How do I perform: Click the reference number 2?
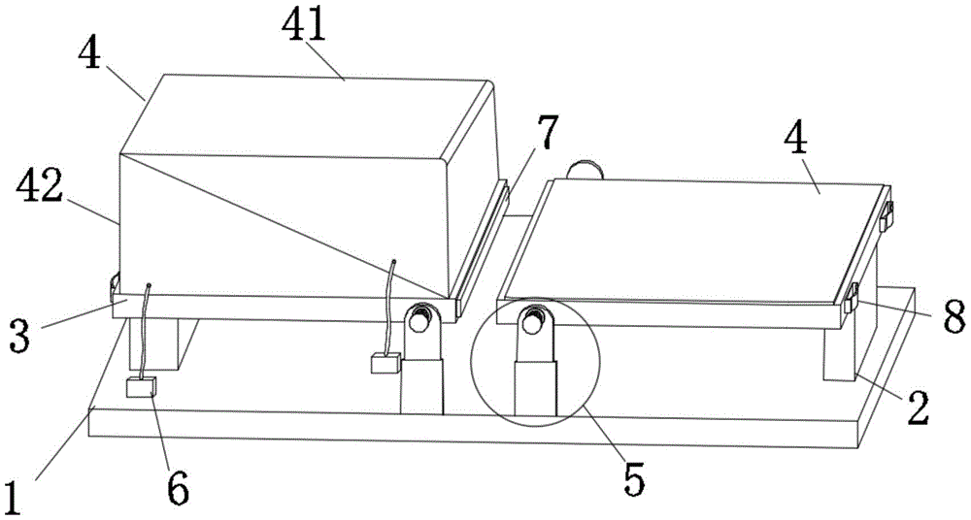918,407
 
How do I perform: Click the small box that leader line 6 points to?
143,389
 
